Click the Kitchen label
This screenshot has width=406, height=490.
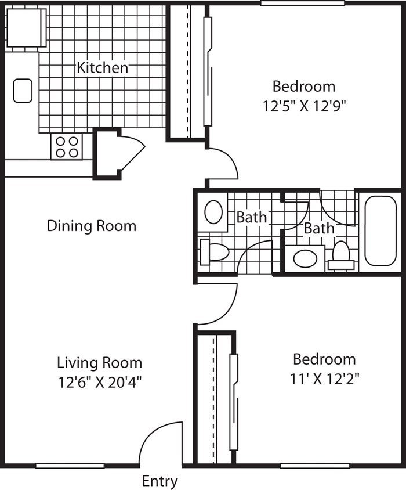[x=103, y=67]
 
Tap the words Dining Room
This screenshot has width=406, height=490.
[x=92, y=226]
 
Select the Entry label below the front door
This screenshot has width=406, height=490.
[x=160, y=481]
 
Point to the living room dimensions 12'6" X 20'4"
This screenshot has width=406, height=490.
[x=100, y=382]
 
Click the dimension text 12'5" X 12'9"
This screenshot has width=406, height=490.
[x=304, y=106]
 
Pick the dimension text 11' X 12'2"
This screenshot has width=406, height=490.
[x=325, y=379]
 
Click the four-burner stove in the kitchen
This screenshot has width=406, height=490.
[x=67, y=147]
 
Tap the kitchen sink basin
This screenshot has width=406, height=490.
[x=23, y=91]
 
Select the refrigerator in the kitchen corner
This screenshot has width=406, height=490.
[x=26, y=28]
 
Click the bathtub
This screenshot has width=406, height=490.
[x=380, y=230]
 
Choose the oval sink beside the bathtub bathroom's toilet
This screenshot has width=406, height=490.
[x=305, y=258]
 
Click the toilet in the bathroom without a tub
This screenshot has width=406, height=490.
[x=215, y=252]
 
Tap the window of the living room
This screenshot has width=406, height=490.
[x=70, y=466]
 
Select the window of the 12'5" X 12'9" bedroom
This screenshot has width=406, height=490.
[x=303, y=3]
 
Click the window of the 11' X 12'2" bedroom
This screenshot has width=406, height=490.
[x=315, y=466]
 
